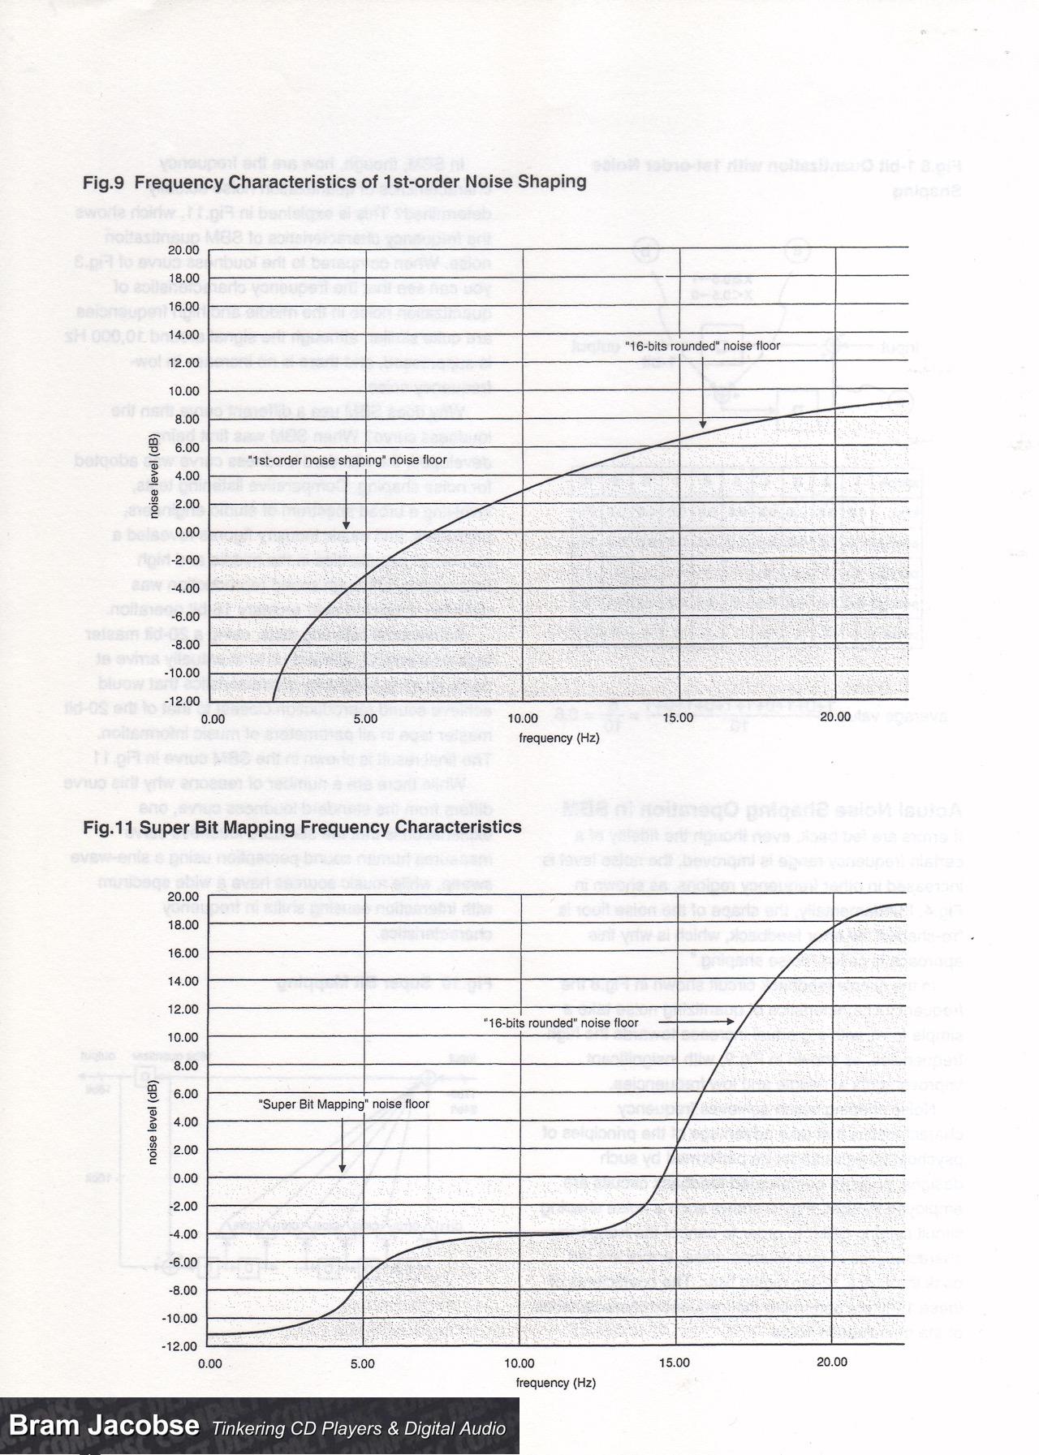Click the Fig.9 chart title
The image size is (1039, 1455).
tap(334, 182)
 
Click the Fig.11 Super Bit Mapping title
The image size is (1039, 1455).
tap(302, 827)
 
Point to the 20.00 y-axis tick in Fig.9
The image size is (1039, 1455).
tap(183, 249)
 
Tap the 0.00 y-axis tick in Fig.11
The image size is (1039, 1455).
tap(186, 1177)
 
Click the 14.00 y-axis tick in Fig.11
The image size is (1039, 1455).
tap(183, 980)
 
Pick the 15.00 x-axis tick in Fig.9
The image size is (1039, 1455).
tap(678, 717)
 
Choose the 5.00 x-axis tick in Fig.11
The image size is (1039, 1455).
tap(363, 1363)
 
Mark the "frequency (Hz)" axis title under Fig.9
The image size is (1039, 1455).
tap(559, 738)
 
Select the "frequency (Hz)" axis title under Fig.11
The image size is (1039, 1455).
tap(556, 1382)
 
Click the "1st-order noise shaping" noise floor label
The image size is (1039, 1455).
tap(347, 460)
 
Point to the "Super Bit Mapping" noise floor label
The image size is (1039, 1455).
tap(343, 1104)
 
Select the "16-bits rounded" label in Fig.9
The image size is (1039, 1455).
tap(702, 346)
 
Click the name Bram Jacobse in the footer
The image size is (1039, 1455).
tap(104, 1425)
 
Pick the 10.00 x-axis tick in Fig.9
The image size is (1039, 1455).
tap(522, 717)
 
